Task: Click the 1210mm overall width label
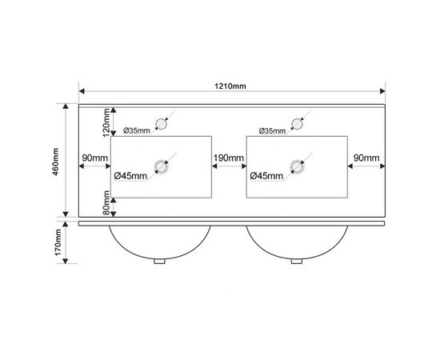[230, 86]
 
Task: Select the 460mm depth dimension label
[55, 162]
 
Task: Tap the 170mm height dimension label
[58, 242]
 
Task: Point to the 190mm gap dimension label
[229, 158]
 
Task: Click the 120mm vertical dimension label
[106, 122]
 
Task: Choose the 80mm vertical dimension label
[106, 202]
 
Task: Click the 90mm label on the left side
[95, 158]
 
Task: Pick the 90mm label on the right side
[366, 158]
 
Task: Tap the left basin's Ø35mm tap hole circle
[162, 124]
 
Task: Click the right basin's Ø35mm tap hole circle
[297, 124]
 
